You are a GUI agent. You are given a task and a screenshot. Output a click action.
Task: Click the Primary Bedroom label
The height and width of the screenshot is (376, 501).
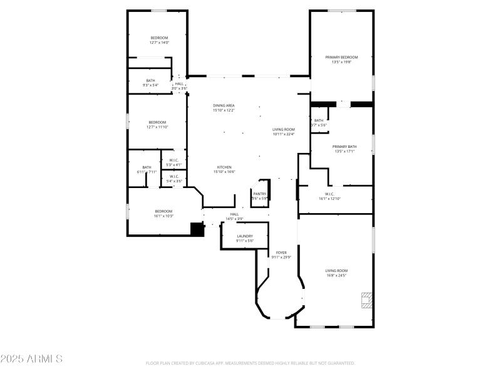[x=341, y=57]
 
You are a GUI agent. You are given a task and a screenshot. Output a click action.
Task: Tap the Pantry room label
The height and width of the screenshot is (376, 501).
[x=260, y=194]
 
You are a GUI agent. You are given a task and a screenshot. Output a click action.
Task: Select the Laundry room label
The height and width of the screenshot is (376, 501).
[x=245, y=236]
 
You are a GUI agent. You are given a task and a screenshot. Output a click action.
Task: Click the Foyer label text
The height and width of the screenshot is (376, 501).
[x=281, y=252]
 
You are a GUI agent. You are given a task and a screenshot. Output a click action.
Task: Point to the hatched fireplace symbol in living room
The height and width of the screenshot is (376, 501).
[x=365, y=300]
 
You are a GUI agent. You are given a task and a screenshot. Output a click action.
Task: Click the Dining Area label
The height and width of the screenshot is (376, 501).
[x=224, y=105]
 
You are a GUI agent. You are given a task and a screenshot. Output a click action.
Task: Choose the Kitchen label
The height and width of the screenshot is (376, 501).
[x=224, y=167]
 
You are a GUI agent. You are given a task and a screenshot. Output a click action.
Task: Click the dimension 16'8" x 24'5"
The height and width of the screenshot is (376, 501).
[x=336, y=275]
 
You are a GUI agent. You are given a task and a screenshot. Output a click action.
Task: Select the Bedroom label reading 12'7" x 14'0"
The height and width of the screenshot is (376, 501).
[x=159, y=38]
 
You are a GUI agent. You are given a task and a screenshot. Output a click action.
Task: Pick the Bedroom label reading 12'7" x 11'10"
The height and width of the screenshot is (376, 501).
[x=157, y=122]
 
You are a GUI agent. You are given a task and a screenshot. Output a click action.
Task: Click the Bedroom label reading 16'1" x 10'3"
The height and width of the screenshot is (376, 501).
[x=163, y=211]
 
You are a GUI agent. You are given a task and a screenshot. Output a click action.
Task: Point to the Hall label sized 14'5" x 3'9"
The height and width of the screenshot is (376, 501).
[x=234, y=214]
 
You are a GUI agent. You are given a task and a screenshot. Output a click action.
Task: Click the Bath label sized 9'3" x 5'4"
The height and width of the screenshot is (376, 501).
[x=150, y=80]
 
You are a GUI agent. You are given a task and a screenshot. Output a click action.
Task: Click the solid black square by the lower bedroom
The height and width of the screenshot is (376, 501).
[x=197, y=229]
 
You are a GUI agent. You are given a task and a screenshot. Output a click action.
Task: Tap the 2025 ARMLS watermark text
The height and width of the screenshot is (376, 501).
[x=31, y=359]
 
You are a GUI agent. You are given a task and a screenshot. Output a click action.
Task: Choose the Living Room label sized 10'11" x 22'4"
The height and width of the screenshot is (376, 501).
[x=283, y=129]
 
